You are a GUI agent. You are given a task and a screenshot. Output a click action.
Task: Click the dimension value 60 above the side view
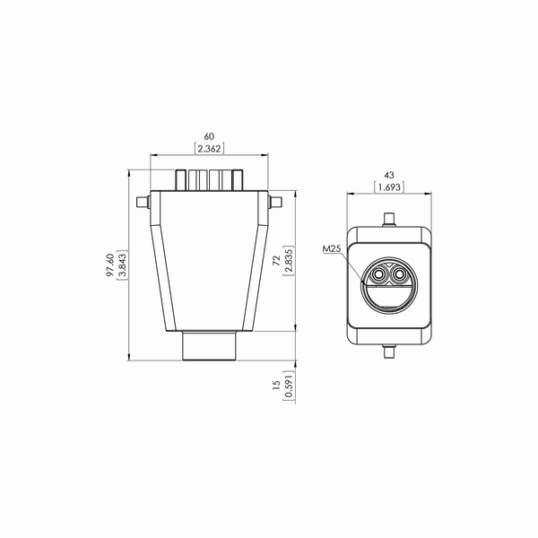coord(210,137)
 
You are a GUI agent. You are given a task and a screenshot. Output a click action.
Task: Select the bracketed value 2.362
coord(210,149)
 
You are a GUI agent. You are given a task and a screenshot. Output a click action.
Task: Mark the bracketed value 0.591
coord(288,384)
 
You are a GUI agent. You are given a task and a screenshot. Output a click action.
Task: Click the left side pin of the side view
coord(140,201)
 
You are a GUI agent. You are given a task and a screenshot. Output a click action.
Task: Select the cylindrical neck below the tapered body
coord(211,346)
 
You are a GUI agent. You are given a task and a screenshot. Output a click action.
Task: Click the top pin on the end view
coord(390,218)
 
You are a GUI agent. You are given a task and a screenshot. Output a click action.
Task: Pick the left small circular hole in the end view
coord(381,273)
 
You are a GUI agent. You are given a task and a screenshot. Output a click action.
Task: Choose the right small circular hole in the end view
coord(401,273)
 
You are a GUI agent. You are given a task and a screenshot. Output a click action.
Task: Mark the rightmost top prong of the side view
coord(238,179)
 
